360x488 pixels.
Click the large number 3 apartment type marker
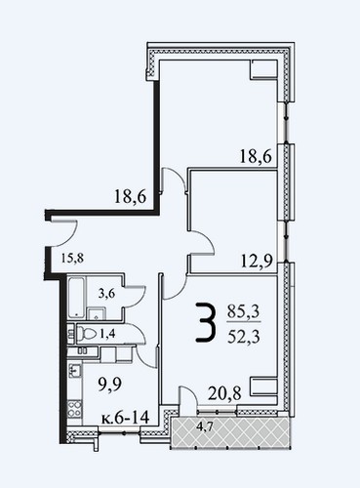pos(206,322)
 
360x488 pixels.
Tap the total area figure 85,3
pos(243,312)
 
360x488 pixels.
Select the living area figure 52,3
pos(244,337)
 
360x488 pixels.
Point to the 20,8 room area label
pos(224,393)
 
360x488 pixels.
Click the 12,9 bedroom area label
pos(257,261)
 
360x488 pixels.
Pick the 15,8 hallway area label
pos(72,259)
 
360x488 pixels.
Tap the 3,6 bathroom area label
pos(106,294)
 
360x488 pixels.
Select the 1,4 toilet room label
pos(107,334)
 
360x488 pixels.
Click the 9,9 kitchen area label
pos(110,385)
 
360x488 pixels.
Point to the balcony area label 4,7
pos(205,427)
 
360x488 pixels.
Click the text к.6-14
pos(125,417)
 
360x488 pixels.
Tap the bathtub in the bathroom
pos(77,298)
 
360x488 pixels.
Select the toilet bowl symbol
pos(86,334)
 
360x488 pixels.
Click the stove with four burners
pos(75,409)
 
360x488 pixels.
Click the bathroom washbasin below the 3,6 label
pos(97,314)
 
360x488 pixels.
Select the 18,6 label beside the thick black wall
pos(130,197)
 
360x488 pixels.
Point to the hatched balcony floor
pos(229,431)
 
